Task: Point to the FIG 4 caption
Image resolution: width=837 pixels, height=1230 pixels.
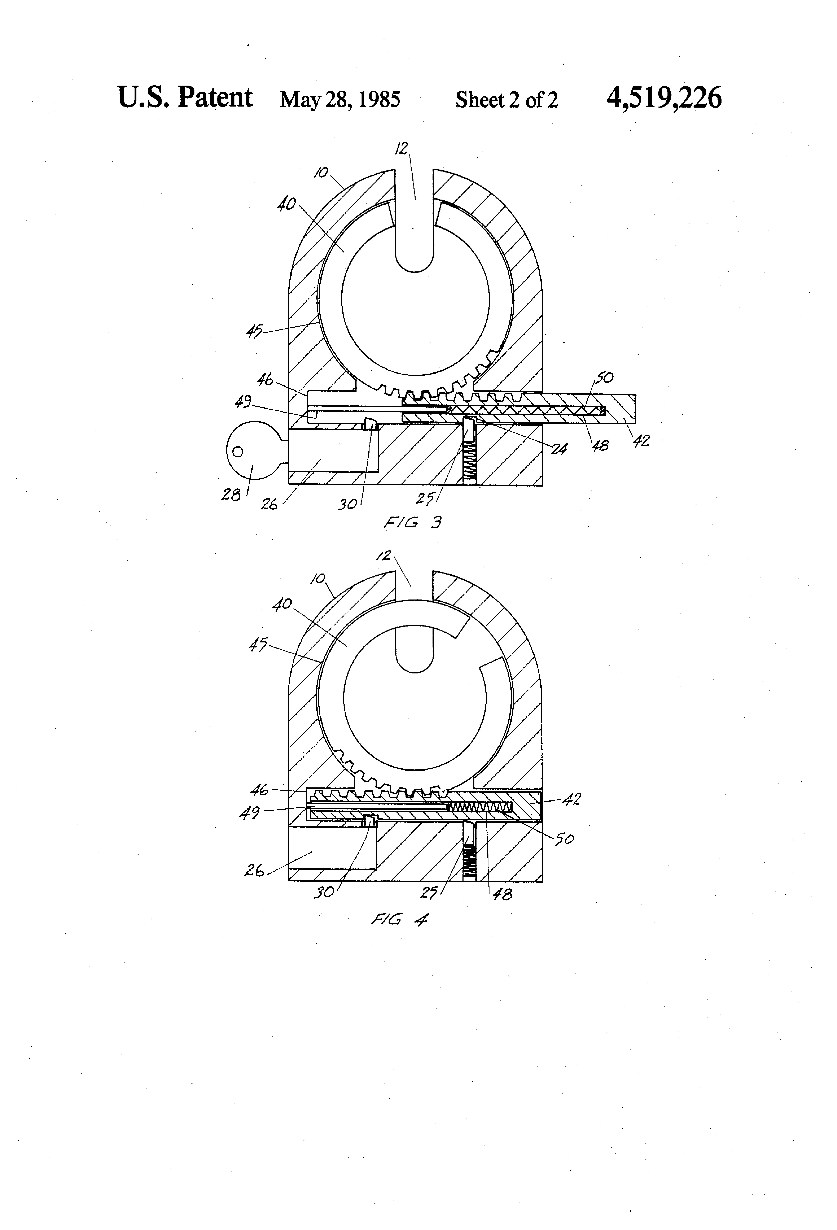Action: click(399, 919)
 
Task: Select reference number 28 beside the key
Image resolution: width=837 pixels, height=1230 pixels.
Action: click(231, 495)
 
